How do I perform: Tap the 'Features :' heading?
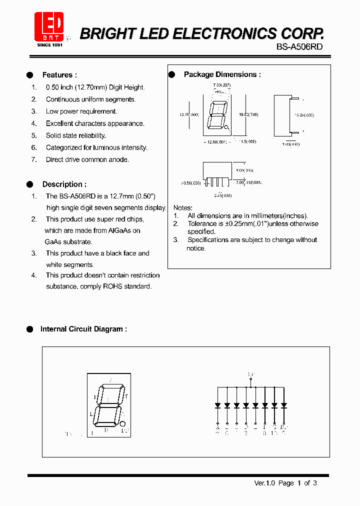(x=59, y=75)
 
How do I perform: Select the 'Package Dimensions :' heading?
(x=222, y=74)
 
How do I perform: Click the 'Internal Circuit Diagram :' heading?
(x=83, y=329)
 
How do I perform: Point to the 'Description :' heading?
(x=64, y=184)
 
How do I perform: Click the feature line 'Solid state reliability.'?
(x=76, y=135)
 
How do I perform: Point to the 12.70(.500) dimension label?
(x=189, y=114)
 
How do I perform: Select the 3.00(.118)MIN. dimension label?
(x=248, y=183)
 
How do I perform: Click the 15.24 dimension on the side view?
(x=303, y=115)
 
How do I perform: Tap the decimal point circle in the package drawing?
(x=227, y=128)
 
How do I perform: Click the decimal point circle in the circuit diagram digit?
(x=123, y=424)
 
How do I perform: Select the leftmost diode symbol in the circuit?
(x=217, y=405)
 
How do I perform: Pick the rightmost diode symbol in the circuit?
(x=284, y=405)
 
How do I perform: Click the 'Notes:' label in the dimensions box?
(x=183, y=207)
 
